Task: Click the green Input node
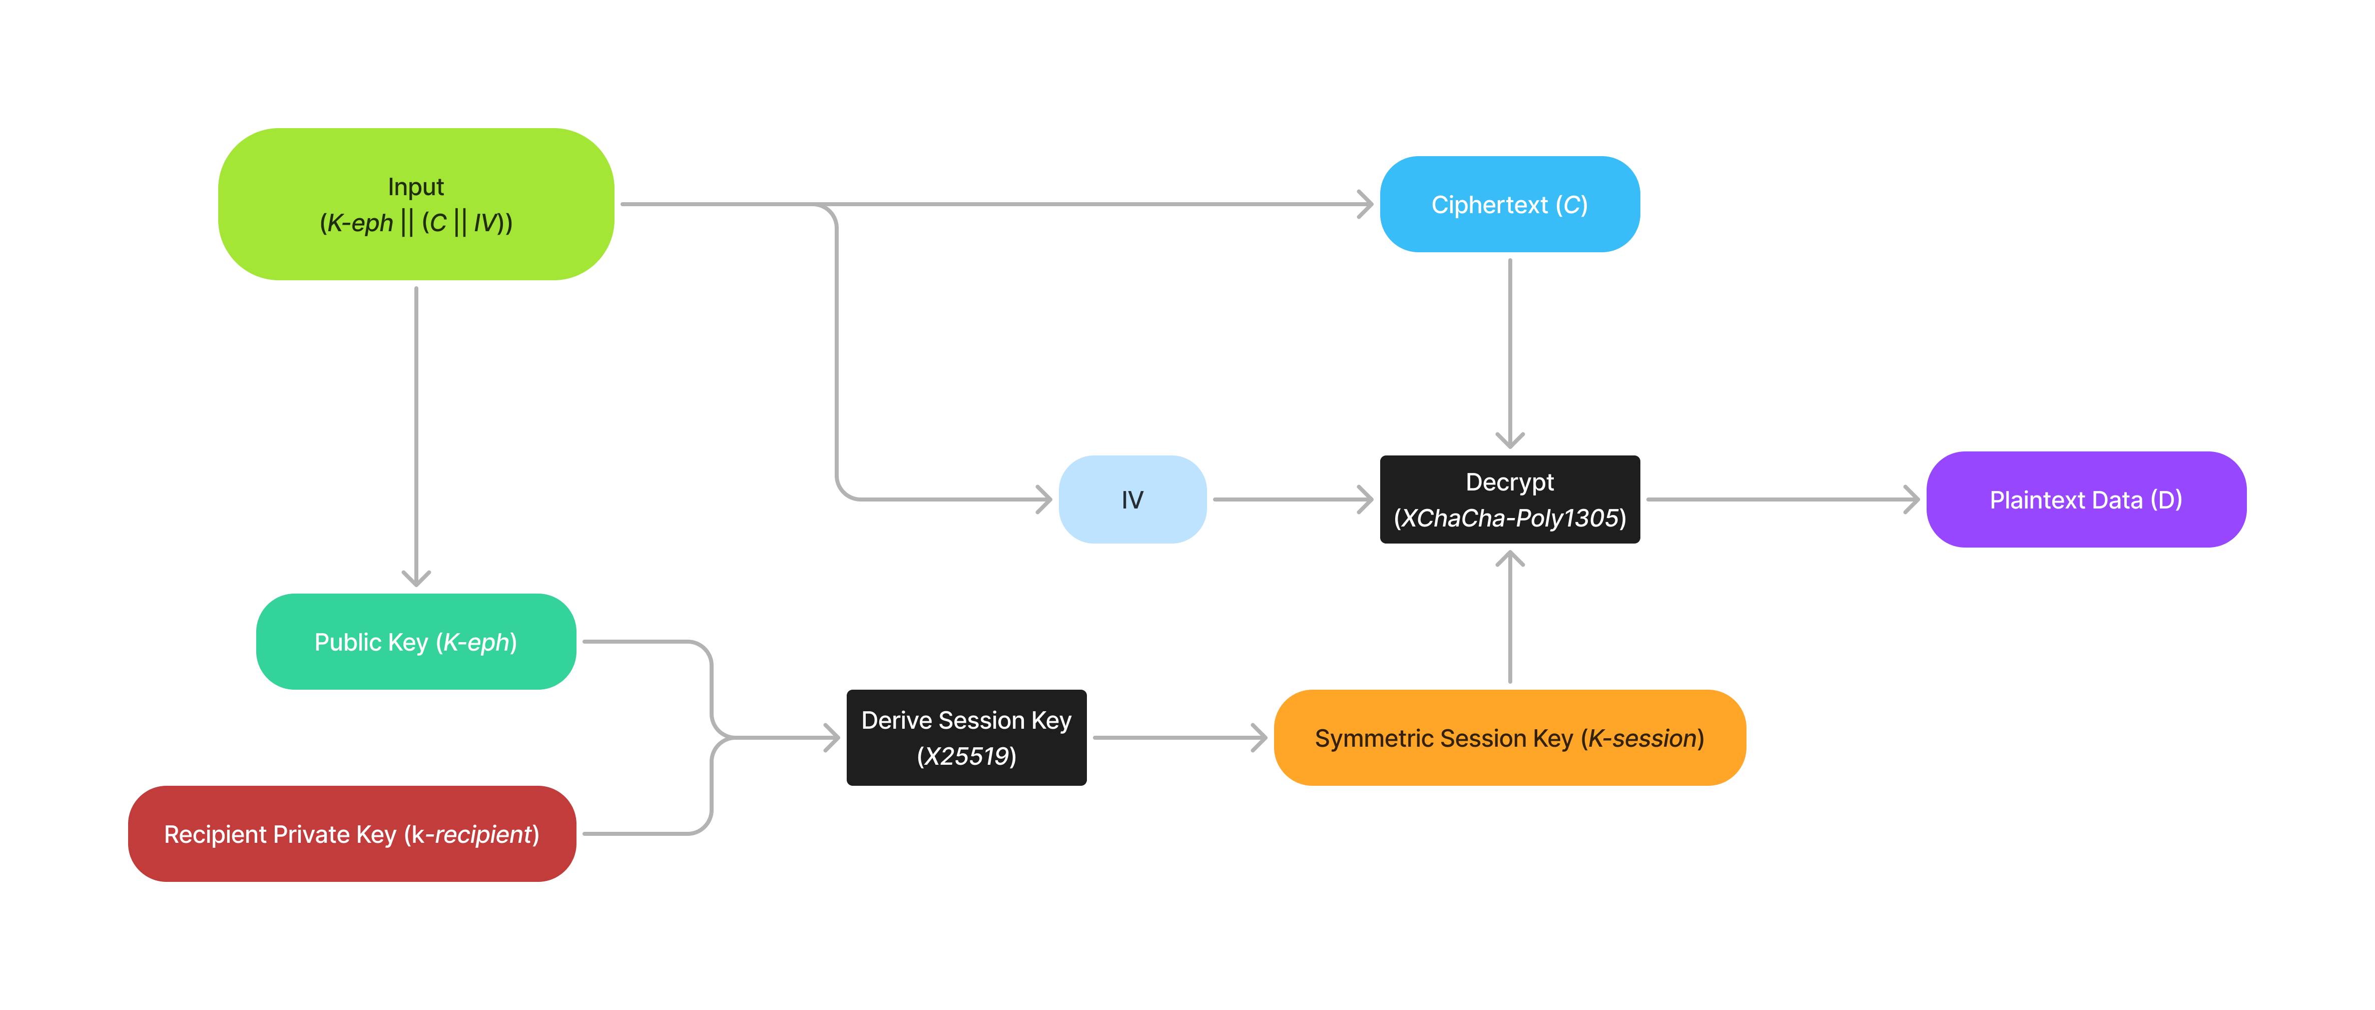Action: coord(416,204)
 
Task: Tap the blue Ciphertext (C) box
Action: coord(1509,204)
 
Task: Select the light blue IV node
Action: coord(1132,499)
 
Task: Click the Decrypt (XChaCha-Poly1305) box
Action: coord(1509,499)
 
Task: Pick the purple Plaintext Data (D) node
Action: coord(2085,499)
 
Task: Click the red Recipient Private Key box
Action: coord(351,834)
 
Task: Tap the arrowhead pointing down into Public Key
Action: coord(416,579)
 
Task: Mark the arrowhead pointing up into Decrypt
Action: coord(1509,557)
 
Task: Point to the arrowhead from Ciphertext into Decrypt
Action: coord(1509,441)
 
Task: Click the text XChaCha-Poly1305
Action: coord(1509,519)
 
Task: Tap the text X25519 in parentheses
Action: coord(966,756)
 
